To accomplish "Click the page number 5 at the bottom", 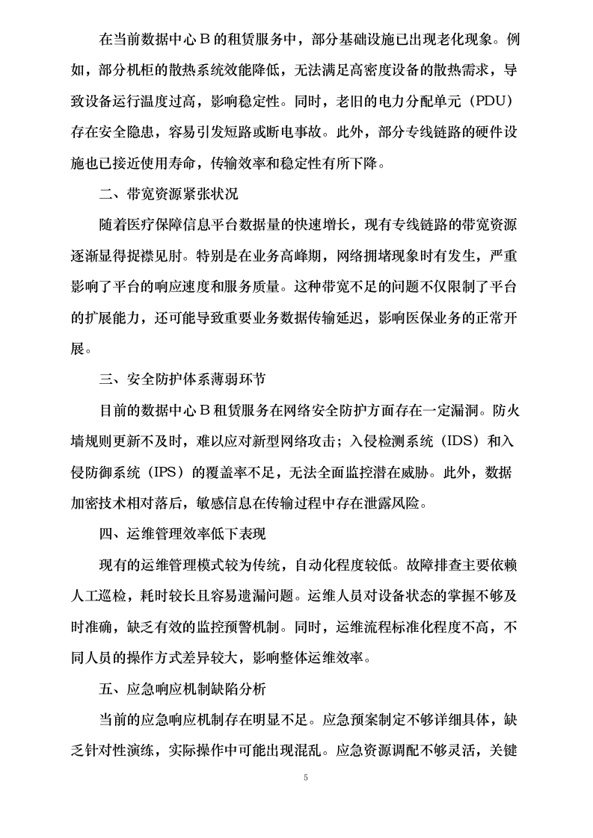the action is click(305, 778).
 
